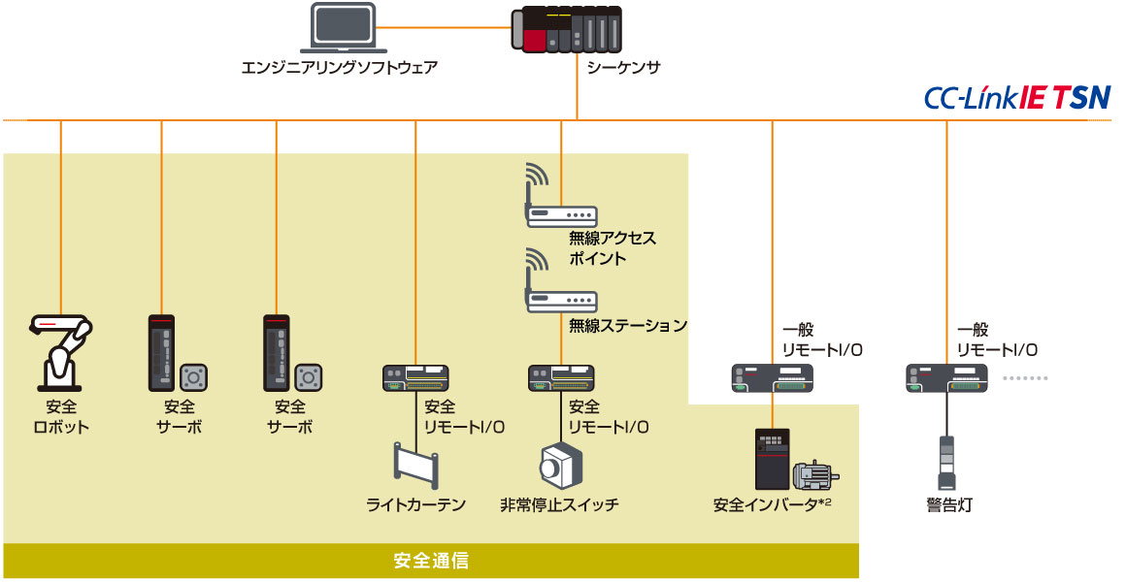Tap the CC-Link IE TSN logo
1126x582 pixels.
1016,98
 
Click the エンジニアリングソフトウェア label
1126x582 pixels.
340,68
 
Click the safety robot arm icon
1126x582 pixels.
61,348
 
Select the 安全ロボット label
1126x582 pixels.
61,417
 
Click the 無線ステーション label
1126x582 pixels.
628,326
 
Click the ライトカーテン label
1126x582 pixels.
415,504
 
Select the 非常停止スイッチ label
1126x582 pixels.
559,504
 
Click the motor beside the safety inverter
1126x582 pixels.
813,474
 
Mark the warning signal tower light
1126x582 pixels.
948,463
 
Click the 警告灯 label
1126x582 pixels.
948,504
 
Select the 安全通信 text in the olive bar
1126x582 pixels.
431,561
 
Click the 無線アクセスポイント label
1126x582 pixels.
613,247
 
